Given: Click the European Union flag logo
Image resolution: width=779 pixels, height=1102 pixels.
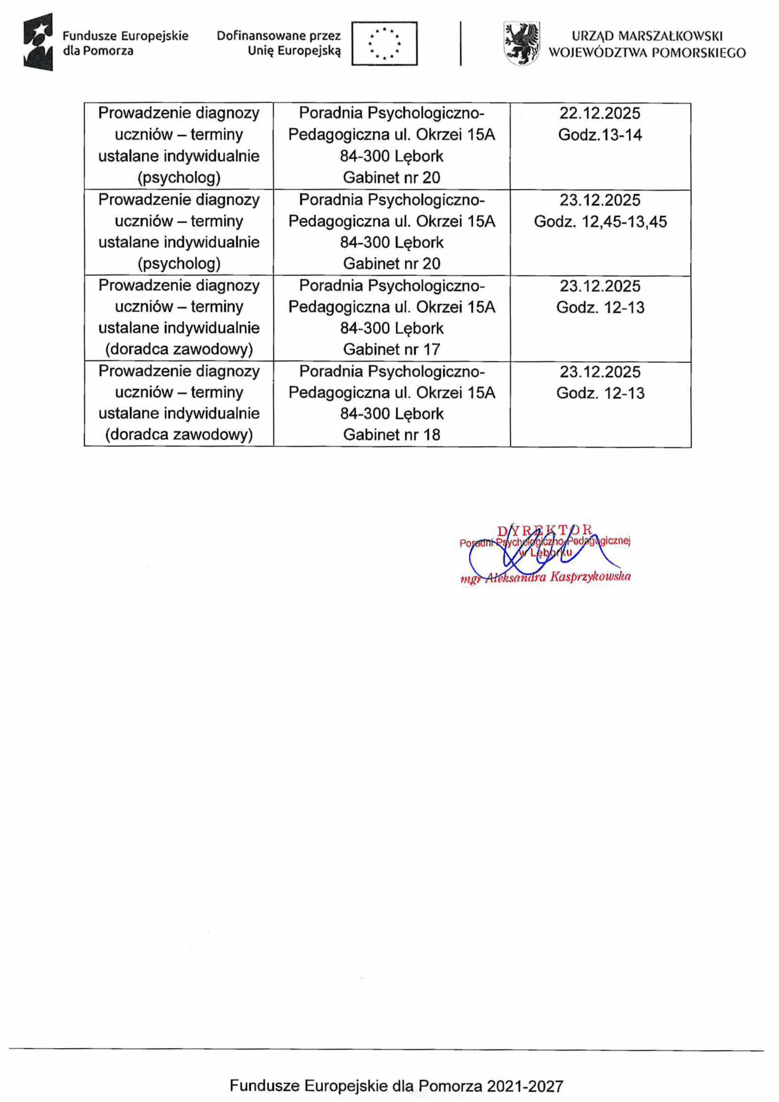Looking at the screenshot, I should (384, 43).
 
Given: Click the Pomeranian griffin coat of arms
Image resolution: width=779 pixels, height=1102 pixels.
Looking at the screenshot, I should (521, 43).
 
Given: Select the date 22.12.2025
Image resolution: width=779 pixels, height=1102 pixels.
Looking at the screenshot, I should (600, 114).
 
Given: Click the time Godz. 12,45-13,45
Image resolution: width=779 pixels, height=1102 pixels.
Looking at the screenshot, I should (600, 222).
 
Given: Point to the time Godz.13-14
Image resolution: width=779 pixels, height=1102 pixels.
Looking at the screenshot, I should (600, 135).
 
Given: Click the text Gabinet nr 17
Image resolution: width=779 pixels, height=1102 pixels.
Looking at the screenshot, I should (391, 349).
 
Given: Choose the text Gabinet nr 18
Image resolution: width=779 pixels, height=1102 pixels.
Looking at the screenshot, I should (391, 435).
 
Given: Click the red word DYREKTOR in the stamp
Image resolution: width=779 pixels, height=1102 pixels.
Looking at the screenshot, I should (545, 531).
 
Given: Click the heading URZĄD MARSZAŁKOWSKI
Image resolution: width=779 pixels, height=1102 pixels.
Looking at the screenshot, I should (647, 36).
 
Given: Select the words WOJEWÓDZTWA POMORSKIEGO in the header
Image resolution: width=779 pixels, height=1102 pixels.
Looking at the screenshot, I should (647, 52).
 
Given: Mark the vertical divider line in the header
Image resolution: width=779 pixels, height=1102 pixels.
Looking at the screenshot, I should (461, 43).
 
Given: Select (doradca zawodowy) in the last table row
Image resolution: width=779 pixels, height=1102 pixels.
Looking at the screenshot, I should (179, 435).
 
